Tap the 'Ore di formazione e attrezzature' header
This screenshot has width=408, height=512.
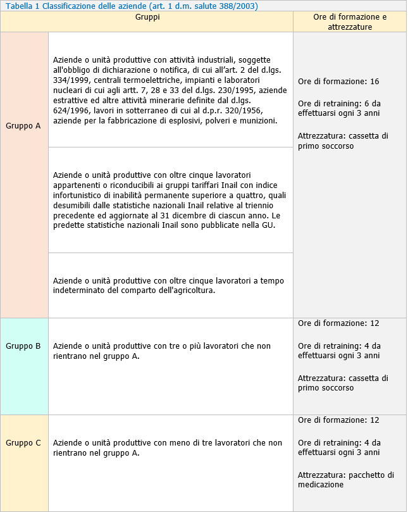point(350,22)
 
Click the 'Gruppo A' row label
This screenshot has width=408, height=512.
point(23,125)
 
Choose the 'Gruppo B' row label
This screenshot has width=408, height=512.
point(23,346)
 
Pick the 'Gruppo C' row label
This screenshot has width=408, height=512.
point(23,443)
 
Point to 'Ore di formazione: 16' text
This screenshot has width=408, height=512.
point(338,82)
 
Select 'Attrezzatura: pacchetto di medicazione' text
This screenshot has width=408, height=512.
point(346,480)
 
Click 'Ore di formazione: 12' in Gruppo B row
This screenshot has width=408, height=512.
point(338,323)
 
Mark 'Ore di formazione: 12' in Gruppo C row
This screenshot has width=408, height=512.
point(338,420)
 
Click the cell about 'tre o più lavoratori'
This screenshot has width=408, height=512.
point(161,351)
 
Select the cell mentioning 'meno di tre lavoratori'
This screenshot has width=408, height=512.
point(167,448)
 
